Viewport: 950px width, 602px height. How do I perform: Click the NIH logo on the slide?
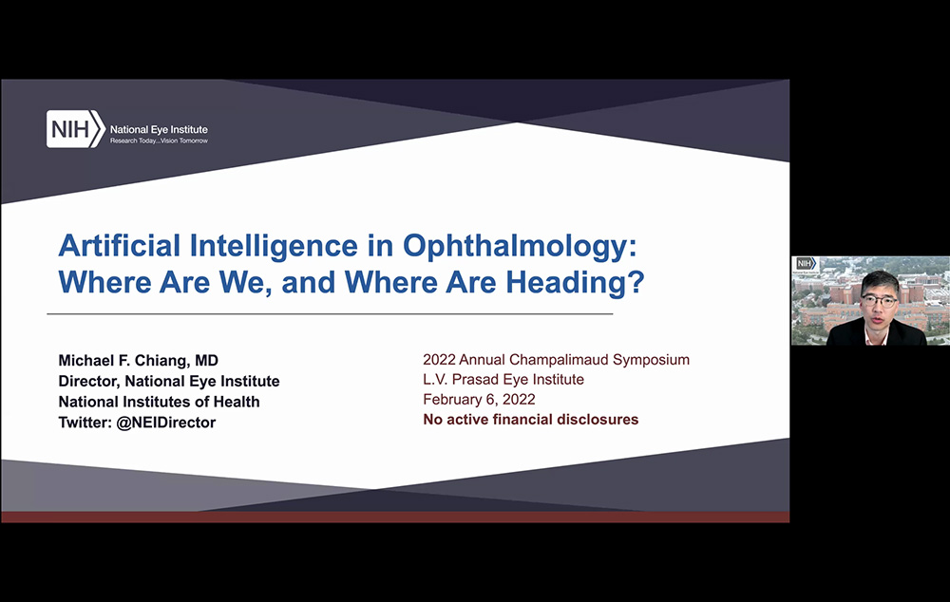pos(76,129)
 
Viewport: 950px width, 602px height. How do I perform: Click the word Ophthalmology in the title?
pos(520,246)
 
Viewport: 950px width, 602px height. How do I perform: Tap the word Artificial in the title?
pos(120,245)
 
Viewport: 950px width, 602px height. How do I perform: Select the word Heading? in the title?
pos(575,282)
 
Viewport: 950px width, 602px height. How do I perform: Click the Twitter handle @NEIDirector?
pos(165,423)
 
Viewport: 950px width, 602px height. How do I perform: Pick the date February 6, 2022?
pos(479,399)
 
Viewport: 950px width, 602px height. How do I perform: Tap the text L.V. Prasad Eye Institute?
pos(503,379)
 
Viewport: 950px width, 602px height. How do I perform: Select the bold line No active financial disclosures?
pos(531,419)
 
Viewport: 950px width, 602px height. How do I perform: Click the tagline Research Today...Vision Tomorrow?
pos(159,141)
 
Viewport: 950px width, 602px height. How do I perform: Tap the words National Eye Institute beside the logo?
pos(159,129)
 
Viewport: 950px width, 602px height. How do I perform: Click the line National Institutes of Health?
pos(159,402)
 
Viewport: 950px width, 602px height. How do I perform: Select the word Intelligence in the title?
pos(274,246)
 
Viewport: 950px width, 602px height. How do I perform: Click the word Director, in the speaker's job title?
pos(89,381)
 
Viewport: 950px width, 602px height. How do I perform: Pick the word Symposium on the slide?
pos(651,359)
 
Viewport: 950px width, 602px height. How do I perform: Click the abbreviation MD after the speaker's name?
pos(206,361)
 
